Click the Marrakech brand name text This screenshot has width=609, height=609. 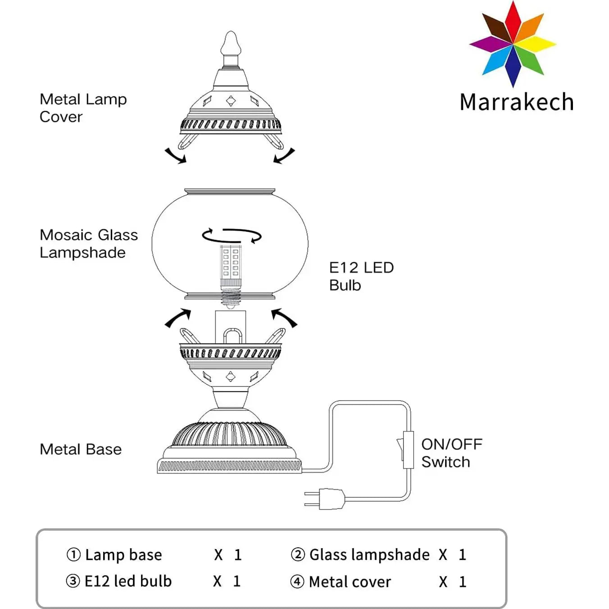[517, 102]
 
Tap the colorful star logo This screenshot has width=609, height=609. [513, 44]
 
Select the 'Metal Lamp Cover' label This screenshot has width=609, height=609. [83, 108]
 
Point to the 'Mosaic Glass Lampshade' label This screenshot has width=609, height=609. [88, 243]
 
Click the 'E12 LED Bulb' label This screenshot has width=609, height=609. [361, 276]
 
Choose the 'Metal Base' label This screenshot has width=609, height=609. [81, 449]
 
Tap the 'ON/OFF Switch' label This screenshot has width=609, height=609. [451, 453]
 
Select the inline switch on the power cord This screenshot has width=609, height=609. [407, 450]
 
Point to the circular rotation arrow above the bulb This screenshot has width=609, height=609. [232, 235]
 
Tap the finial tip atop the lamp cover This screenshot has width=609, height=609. [231, 43]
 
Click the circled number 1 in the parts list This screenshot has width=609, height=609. [73, 554]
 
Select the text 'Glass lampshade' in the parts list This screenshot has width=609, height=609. [369, 554]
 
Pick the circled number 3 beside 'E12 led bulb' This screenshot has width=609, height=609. [73, 581]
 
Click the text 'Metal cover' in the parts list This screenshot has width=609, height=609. [350, 582]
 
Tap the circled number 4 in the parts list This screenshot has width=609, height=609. [297, 582]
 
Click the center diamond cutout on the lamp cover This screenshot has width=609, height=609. [231, 101]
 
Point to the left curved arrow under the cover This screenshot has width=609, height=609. [175, 156]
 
